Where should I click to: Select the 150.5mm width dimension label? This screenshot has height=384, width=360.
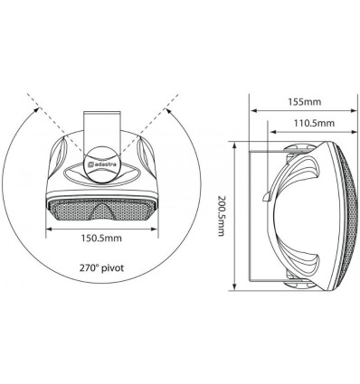coord(99,239)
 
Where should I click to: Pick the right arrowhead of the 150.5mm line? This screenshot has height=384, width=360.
coord(151,229)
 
